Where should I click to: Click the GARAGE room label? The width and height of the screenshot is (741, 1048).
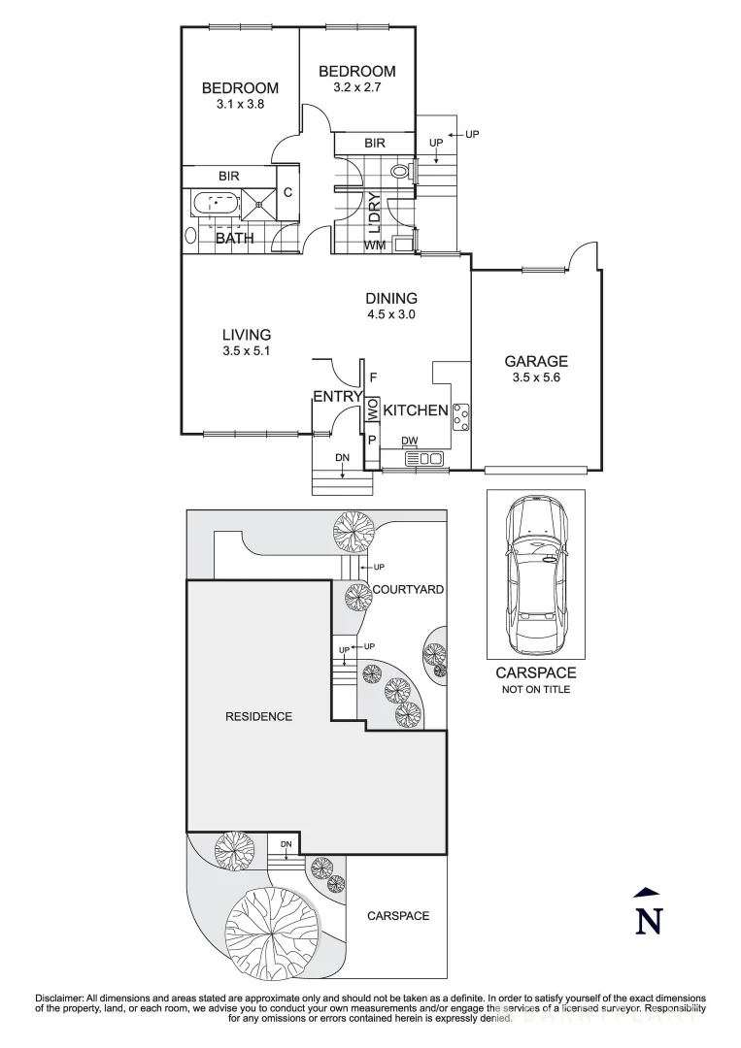click(x=535, y=361)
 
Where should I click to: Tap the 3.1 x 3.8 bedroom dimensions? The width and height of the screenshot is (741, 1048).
click(x=240, y=104)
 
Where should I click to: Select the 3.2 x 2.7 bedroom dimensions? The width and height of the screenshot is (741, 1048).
click(x=356, y=87)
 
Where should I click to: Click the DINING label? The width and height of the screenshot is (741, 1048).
click(x=391, y=298)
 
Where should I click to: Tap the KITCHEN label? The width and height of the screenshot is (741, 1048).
click(x=416, y=410)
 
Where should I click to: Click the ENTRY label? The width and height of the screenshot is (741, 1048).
click(x=336, y=396)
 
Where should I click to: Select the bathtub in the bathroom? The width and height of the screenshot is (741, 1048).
click(x=215, y=205)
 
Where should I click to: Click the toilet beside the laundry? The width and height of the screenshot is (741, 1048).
click(x=402, y=173)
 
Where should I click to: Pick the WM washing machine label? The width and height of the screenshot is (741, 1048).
click(x=375, y=245)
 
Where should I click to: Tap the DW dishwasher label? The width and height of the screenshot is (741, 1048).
click(x=410, y=442)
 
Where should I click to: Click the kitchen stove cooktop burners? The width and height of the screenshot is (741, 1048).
click(x=461, y=417)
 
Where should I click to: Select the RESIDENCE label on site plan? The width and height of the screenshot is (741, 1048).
click(x=258, y=717)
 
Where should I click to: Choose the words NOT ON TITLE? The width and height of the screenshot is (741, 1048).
click(x=536, y=689)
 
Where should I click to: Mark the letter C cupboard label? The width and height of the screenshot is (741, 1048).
click(x=287, y=192)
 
